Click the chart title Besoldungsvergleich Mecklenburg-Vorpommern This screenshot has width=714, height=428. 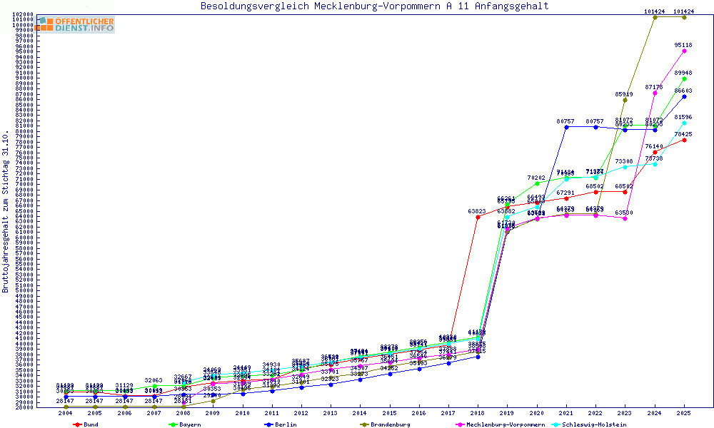[x=375, y=6]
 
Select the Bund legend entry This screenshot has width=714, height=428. [x=86, y=424]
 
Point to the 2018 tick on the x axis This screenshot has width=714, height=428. [x=477, y=412]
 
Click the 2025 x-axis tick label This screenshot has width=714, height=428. [x=684, y=412]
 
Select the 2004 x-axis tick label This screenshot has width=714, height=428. [x=66, y=412]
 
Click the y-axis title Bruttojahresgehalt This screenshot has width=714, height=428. [x=6, y=212]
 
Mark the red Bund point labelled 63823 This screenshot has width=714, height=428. [x=477, y=217]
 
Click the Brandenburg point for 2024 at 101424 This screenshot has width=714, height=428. [x=655, y=17]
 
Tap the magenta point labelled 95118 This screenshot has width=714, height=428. [x=684, y=51]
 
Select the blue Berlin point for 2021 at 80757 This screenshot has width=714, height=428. [x=566, y=127]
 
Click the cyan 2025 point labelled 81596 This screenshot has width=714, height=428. [x=684, y=123]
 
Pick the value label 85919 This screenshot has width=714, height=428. [x=625, y=93]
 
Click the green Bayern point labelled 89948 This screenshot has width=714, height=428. [x=684, y=78]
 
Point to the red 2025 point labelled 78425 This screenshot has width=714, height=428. [x=684, y=140]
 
